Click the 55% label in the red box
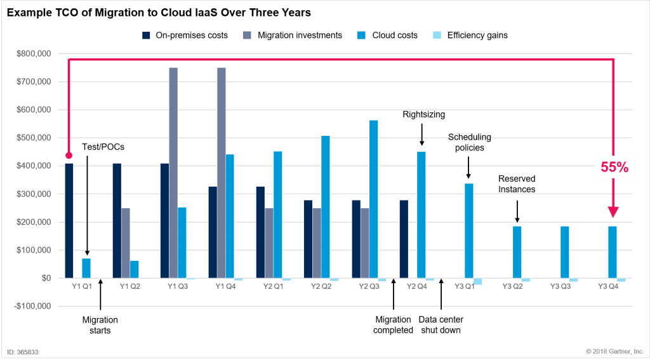pyautogui.click(x=614, y=168)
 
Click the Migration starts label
pyautogui.click(x=100, y=325)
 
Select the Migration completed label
pyautogui.click(x=394, y=325)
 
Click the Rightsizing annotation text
pyautogui.click(x=424, y=115)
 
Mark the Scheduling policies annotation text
pyautogui.click(x=470, y=142)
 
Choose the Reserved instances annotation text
pyautogui.click(x=517, y=185)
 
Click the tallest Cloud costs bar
pyautogui.click(x=373, y=199)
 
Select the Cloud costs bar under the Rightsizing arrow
pyautogui.click(x=421, y=215)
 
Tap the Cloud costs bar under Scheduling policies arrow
pyautogui.click(x=469, y=230)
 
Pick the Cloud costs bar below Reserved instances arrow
pyautogui.click(x=517, y=251)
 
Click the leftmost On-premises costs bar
pyautogui.click(x=69, y=220)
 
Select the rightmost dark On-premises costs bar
pyautogui.click(x=404, y=239)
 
